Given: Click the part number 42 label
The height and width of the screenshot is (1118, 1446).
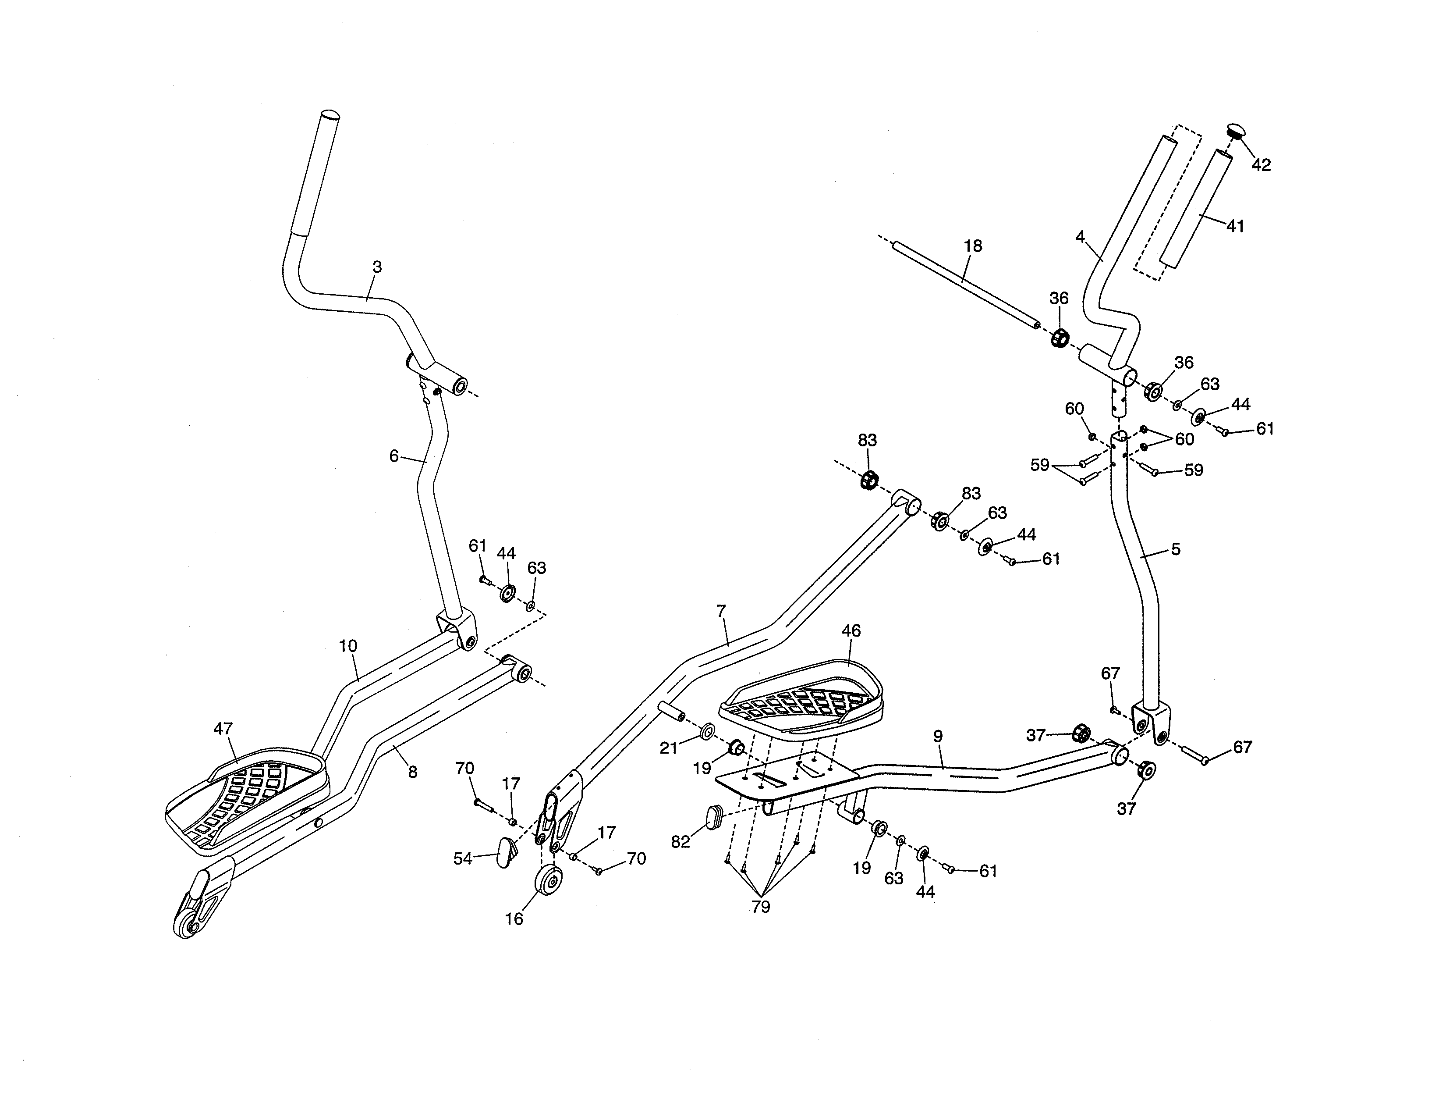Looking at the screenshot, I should pos(1261,165).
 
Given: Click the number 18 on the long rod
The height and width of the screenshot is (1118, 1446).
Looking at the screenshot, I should pos(973,246).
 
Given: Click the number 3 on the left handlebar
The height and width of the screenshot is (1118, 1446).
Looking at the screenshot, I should pos(377,267).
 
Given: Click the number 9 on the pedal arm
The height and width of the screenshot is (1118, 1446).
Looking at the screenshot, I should pos(938,736).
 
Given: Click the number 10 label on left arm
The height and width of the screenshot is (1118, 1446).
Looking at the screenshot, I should pos(347,646).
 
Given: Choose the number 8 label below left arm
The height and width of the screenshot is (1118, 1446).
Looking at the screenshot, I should pos(412,772).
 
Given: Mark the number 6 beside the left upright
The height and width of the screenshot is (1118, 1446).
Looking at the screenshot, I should pos(393,456).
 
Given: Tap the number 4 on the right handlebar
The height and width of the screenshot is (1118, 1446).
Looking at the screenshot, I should pos(1080,236).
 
